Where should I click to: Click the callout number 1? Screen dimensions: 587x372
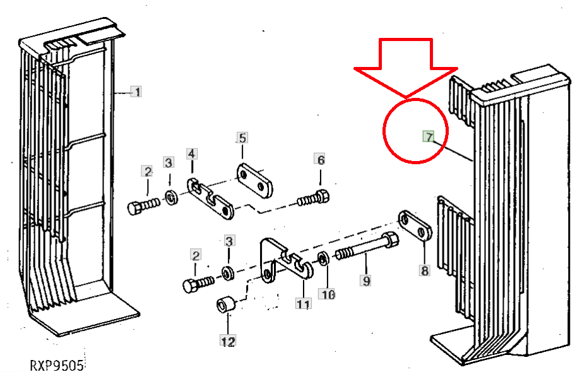[136, 92]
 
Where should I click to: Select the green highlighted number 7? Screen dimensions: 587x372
[429, 137]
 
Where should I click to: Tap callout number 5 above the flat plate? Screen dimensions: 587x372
[242, 138]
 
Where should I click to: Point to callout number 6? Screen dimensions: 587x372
[320, 160]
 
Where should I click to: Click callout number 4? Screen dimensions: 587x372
[192, 153]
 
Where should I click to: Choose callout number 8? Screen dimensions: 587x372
[424, 270]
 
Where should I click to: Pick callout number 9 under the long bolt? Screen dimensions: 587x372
[365, 280]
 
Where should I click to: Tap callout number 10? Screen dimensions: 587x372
[327, 294]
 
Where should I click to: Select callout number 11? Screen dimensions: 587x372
[303, 303]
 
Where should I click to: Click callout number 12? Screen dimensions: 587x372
[228, 341]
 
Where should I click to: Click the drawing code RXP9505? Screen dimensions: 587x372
[57, 365]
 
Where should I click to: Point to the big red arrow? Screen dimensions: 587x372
[406, 68]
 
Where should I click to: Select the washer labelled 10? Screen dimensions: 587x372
[323, 258]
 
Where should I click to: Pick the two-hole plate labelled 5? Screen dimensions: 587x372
[254, 181]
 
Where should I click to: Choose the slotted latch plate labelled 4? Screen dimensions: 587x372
[210, 198]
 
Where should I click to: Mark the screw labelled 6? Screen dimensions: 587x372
[314, 198]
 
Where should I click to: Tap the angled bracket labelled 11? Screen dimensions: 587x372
[287, 260]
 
